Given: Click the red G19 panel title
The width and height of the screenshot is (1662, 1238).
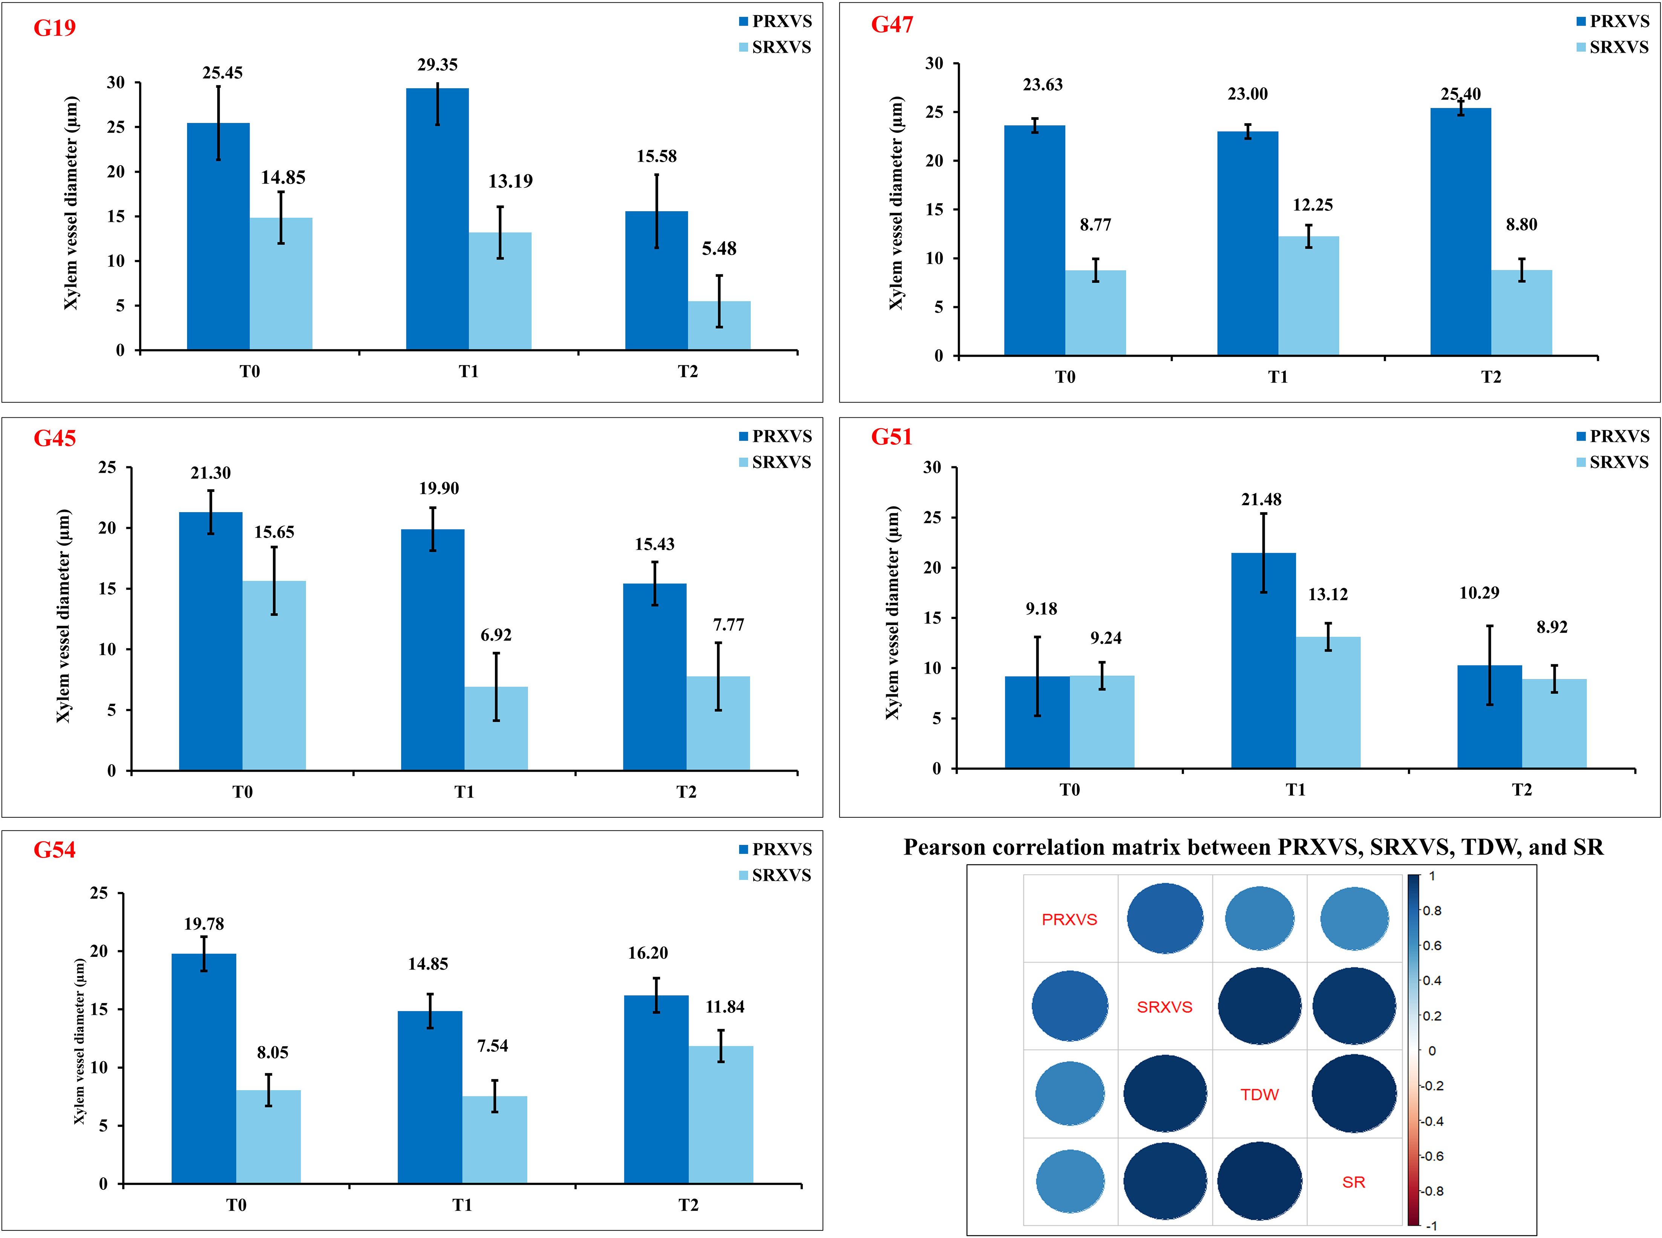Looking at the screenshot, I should coord(55,28).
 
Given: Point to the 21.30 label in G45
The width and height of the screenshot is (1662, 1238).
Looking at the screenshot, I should coord(211,473).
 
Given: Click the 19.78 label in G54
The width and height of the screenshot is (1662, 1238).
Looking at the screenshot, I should coord(204,924).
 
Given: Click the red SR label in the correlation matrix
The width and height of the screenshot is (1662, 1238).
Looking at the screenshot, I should coord(1353,1183).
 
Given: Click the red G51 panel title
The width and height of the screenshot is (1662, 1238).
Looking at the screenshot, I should coord(892,437).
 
